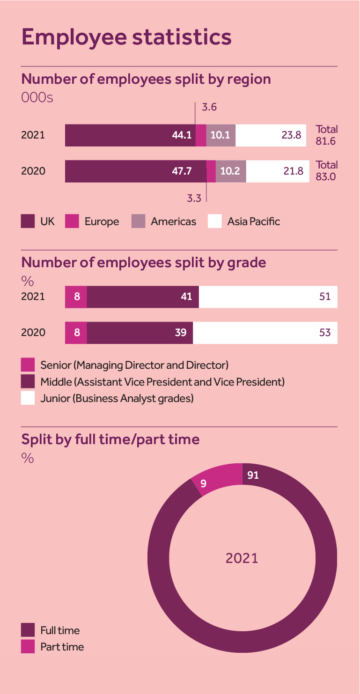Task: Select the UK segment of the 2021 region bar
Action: (x=130, y=135)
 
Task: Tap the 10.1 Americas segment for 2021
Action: (x=220, y=135)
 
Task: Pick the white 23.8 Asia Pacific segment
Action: (x=271, y=135)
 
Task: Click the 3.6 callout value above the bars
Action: (x=209, y=107)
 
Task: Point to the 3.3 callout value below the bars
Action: (x=194, y=198)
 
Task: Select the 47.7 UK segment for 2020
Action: (x=136, y=171)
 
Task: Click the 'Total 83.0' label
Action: (x=327, y=171)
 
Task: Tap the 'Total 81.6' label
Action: (x=327, y=135)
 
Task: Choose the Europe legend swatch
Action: (x=72, y=221)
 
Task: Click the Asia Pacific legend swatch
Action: (x=215, y=221)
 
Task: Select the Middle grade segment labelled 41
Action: (x=143, y=297)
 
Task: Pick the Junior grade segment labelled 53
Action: (x=265, y=333)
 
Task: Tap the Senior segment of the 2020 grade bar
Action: (x=76, y=333)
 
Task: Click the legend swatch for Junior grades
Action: (x=28, y=398)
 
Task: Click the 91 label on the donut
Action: (x=253, y=475)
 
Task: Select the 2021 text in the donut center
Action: (x=242, y=558)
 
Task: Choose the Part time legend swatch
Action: (x=28, y=647)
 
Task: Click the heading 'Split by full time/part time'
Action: (x=110, y=439)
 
